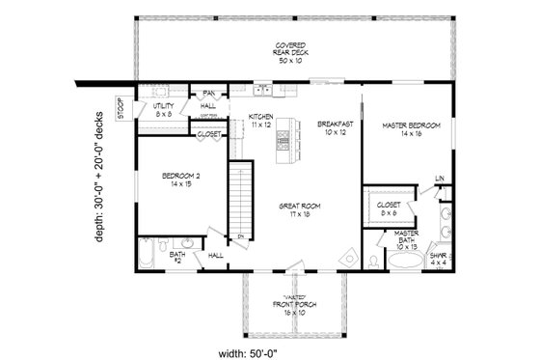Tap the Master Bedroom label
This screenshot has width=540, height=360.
pyautogui.click(x=411, y=130)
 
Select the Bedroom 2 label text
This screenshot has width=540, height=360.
pyautogui.click(x=179, y=179)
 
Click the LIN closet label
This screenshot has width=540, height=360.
pyautogui.click(x=439, y=179)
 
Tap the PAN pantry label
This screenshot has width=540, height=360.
pyautogui.click(x=207, y=93)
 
